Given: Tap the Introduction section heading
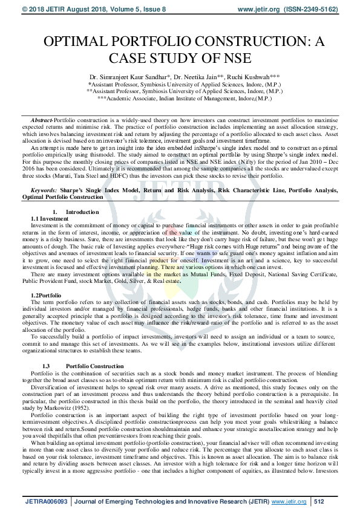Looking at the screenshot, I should pyautogui.click(x=82, y=212).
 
